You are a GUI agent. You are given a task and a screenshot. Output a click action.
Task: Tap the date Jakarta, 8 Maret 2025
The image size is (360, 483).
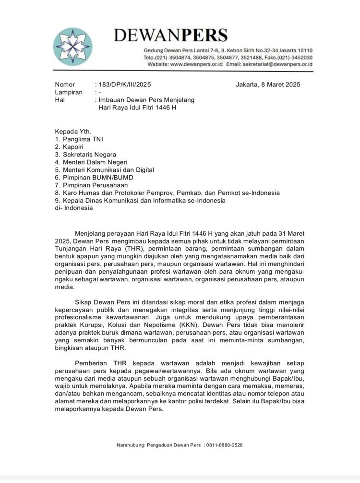(x=268, y=85)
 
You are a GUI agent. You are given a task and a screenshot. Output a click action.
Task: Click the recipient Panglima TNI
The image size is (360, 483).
(x=83, y=139)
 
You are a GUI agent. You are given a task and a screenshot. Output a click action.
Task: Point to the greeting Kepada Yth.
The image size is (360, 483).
(x=69, y=131)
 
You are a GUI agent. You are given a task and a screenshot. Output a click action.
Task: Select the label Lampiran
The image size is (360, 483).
(x=69, y=92)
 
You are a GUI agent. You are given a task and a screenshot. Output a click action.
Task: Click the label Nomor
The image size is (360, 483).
(x=65, y=85)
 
